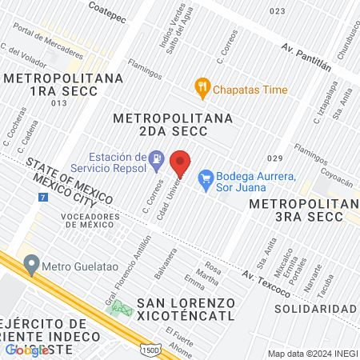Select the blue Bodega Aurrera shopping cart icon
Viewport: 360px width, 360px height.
coord(205,176)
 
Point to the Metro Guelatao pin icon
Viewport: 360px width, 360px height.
coord(31,262)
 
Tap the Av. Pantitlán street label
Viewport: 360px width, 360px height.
coord(306,54)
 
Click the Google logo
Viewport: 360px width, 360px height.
coord(26,350)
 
